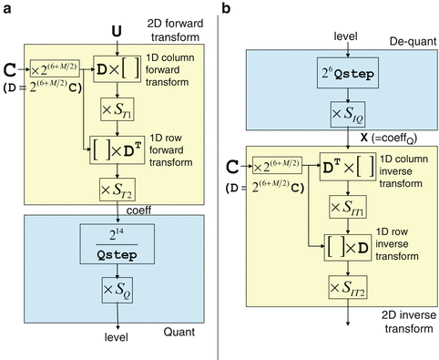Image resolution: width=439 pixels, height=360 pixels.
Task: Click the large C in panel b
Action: [x=234, y=167]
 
